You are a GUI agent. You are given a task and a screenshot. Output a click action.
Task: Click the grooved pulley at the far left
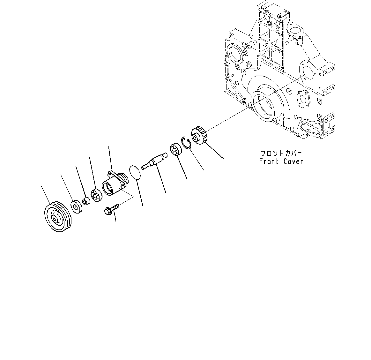pyautogui.click(x=58, y=217)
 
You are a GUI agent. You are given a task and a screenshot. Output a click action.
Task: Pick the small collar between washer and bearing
pyautogui.click(x=86, y=202)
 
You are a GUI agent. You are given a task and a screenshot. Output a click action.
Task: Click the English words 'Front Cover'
pyautogui.click(x=281, y=161)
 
